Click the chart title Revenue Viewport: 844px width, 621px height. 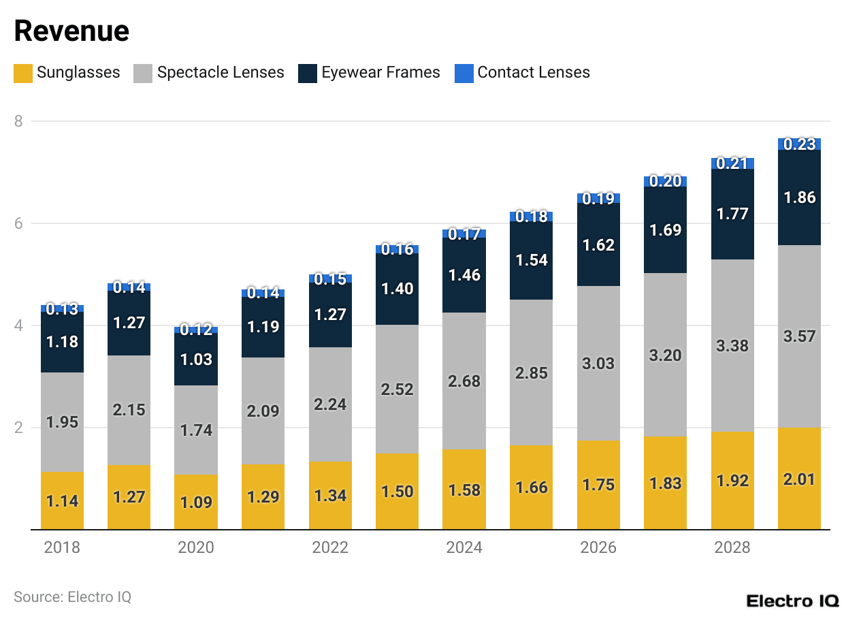tap(71, 31)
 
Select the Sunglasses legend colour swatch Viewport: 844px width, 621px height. tap(23, 73)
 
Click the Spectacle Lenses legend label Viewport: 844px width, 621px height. tap(221, 73)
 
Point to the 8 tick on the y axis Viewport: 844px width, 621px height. tap(18, 121)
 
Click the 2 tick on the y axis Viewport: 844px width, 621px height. tap(18, 428)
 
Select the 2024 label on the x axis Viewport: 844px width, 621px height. tap(464, 547)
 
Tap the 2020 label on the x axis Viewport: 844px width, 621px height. tap(196, 547)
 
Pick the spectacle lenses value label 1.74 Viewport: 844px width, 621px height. tap(196, 430)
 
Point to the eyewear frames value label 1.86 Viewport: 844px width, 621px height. tap(799, 197)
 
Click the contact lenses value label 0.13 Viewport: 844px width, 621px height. tap(62, 308)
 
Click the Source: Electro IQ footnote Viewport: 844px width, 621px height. tap(72, 597)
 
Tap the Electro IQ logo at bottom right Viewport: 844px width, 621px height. tap(792, 601)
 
